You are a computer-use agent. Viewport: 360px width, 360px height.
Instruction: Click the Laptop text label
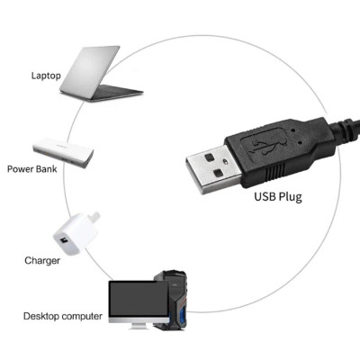(x=46, y=76)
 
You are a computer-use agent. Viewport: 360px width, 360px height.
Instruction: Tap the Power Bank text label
(x=32, y=169)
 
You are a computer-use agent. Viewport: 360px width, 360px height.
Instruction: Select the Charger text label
(x=42, y=260)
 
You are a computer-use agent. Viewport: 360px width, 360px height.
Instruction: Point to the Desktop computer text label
(x=63, y=316)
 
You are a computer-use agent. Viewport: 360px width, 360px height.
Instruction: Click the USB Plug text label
(x=278, y=197)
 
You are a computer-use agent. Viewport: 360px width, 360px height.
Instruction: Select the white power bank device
(x=63, y=152)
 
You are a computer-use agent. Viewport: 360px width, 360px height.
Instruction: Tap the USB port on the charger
(x=63, y=240)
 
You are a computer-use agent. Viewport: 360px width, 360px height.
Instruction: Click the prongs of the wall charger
(x=95, y=217)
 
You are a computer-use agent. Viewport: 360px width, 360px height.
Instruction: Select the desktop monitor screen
(x=139, y=299)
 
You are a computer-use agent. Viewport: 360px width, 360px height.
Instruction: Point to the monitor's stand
(x=139, y=326)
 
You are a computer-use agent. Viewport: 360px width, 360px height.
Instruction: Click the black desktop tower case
(x=174, y=300)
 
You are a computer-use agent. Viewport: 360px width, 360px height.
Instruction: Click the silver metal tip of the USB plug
(x=213, y=169)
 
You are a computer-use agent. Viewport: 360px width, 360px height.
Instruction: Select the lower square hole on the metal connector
(x=218, y=173)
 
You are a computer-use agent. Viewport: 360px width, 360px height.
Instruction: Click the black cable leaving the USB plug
(x=345, y=130)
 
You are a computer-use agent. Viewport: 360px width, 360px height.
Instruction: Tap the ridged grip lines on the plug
(x=275, y=173)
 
